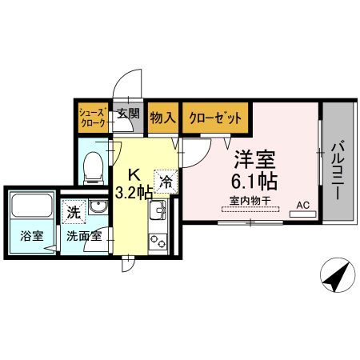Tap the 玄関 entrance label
point(128,114)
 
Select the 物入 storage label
point(163,118)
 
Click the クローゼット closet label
point(215,118)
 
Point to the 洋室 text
point(249,159)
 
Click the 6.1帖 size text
point(250,181)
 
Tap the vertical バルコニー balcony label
point(337,170)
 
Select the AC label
point(303,205)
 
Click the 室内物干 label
point(248,200)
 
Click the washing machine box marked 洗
point(74,213)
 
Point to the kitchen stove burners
point(158,238)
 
